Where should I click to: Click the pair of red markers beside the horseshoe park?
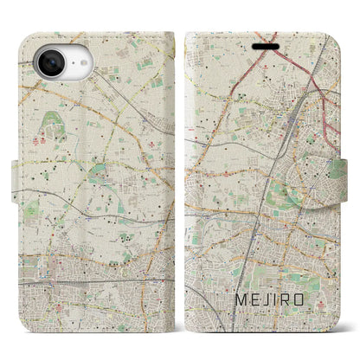pos(36,139)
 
